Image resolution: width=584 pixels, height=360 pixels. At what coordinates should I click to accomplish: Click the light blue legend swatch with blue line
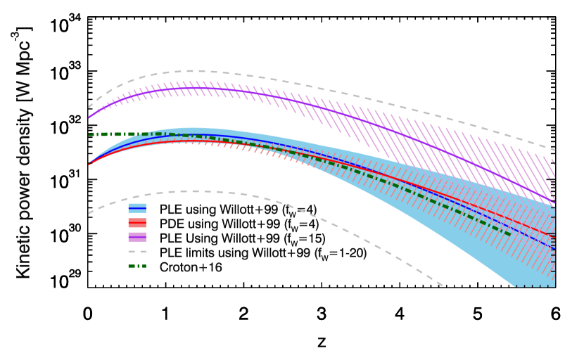pyautogui.click(x=137, y=209)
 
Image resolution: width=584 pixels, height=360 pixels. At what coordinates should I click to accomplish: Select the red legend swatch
pyautogui.click(x=137, y=223)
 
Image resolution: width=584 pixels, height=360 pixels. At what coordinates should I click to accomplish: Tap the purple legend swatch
pyautogui.click(x=137, y=237)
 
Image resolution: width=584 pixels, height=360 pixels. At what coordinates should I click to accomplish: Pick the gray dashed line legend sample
pyautogui.click(x=137, y=252)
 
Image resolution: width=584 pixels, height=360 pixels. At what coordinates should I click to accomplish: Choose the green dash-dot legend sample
pyautogui.click(x=137, y=266)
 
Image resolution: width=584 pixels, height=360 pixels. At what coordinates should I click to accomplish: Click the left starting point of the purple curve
pyautogui.click(x=89, y=117)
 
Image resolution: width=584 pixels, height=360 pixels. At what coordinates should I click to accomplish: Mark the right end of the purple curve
pyautogui.click(x=554, y=203)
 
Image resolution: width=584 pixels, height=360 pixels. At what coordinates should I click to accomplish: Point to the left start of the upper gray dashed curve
pyautogui.click(x=89, y=108)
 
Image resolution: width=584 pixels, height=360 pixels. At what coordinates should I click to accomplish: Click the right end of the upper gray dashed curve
pyautogui.click(x=554, y=150)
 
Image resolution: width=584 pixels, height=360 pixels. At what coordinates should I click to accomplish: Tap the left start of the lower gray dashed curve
pyautogui.click(x=89, y=212)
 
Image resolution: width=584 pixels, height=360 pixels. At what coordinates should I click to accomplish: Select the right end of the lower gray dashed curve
pyautogui.click(x=443, y=285)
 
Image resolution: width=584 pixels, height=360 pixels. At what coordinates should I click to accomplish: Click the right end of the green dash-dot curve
pyautogui.click(x=511, y=235)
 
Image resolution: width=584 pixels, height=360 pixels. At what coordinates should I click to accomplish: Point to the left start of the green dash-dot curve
pyautogui.click(x=89, y=134)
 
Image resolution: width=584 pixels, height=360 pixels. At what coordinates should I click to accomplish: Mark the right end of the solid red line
pyautogui.click(x=554, y=236)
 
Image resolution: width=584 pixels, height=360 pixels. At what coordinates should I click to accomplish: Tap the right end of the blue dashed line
pyautogui.click(x=554, y=250)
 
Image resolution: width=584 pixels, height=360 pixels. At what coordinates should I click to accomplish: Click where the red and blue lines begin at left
pyautogui.click(x=89, y=165)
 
